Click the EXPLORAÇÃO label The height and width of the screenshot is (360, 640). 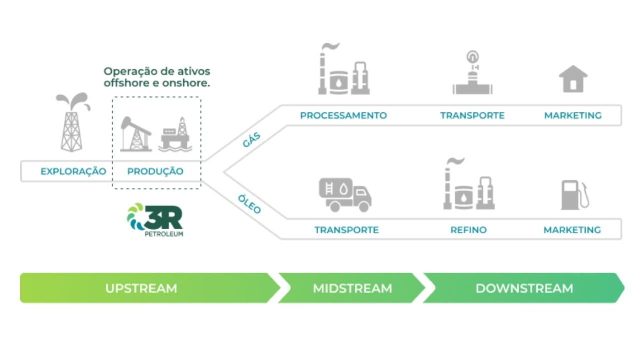pos(73,171)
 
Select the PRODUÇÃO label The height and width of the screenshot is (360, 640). pos(155,171)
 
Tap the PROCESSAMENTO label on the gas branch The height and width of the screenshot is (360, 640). pos(343,115)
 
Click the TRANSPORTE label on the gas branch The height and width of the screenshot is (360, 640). pos(472,115)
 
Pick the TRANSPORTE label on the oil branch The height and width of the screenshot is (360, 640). pos(346,230)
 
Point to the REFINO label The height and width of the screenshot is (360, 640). pos(468,230)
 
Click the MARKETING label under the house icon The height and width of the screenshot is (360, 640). pos(573,115)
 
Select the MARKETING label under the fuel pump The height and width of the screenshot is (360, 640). pos(572,230)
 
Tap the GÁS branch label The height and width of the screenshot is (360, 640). pos(252,140)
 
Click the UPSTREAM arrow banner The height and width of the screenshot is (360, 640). pos(141,288)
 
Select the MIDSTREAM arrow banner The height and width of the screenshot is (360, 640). pos(352,288)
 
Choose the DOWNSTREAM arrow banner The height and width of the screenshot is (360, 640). pos(524,288)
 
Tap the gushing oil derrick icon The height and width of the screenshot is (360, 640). pos(72,122)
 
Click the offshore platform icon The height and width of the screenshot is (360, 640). pos(175,134)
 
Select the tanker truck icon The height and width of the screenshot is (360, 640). pos(345,195)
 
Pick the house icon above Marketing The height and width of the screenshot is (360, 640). pos(573,79)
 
